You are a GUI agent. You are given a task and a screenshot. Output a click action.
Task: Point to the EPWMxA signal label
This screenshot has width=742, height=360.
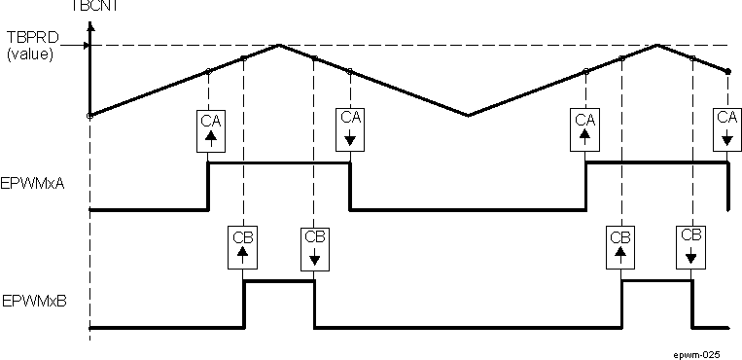pos(34,184)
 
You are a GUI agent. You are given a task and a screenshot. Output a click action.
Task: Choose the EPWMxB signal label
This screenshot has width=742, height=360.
pos(34,303)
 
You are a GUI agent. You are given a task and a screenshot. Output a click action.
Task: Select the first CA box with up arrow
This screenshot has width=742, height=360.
pos(209,129)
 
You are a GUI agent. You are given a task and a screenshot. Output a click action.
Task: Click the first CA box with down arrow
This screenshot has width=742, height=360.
pos(350,129)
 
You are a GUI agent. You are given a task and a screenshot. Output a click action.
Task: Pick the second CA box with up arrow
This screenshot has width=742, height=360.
pos(585,129)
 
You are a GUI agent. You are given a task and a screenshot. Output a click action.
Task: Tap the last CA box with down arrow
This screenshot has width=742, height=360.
pos(727,129)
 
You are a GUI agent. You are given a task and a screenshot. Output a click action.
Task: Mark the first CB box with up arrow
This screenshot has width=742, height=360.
pos(243,247)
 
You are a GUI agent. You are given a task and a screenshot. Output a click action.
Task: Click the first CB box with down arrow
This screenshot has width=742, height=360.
pos(314,247)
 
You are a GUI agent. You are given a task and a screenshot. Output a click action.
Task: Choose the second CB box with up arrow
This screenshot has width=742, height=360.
pos(620,247)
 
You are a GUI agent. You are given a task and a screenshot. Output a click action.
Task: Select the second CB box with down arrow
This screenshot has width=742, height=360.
pos(691,247)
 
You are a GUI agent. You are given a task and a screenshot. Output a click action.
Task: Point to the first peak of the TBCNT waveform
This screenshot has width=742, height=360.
pos(280,45)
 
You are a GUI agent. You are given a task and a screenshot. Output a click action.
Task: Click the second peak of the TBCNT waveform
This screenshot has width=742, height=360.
pos(657,45)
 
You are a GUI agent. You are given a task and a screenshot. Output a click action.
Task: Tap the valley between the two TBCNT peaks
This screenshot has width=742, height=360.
pos(469,115)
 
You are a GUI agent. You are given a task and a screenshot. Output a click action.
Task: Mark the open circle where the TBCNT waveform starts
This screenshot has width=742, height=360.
pos(89,115)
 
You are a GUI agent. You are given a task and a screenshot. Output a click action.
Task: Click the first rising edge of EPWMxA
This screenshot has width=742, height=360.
pos(209,186)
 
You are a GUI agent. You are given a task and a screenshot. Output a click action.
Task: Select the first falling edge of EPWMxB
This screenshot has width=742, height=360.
pos(314,304)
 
